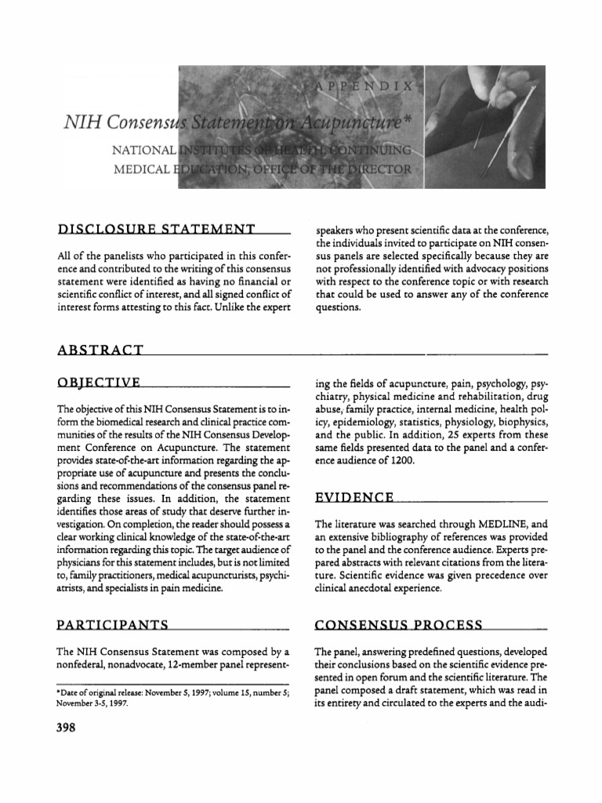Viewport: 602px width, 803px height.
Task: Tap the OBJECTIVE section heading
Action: tap(99, 383)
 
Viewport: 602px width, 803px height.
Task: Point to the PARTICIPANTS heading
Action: tap(114, 625)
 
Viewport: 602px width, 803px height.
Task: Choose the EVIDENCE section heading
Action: tap(354, 497)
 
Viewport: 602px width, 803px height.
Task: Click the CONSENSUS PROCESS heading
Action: tap(398, 625)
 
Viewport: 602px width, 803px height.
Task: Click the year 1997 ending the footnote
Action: tap(115, 703)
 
